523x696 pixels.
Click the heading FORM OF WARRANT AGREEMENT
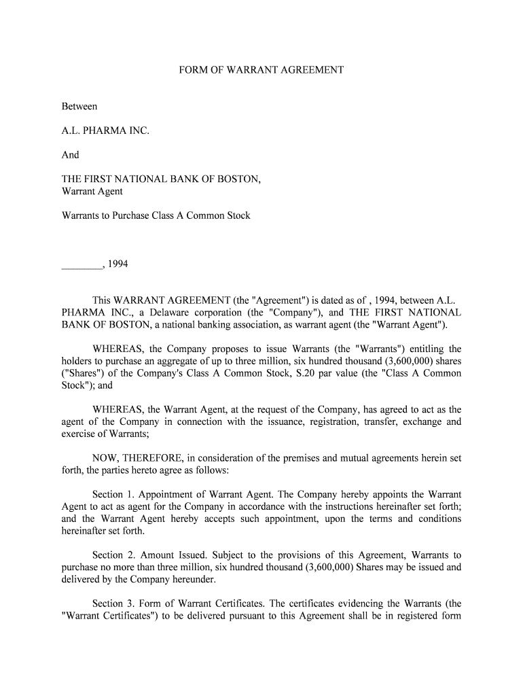point(261,70)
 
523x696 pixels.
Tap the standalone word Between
point(79,107)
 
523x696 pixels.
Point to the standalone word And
point(71,155)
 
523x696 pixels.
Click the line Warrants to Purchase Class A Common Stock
point(156,215)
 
